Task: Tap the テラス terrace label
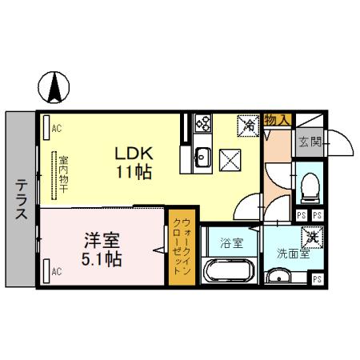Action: (22, 200)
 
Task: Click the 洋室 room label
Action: (101, 239)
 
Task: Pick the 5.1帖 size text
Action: (101, 258)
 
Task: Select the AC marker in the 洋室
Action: (56, 271)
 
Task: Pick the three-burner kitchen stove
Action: (202, 123)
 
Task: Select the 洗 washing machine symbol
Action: (310, 238)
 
